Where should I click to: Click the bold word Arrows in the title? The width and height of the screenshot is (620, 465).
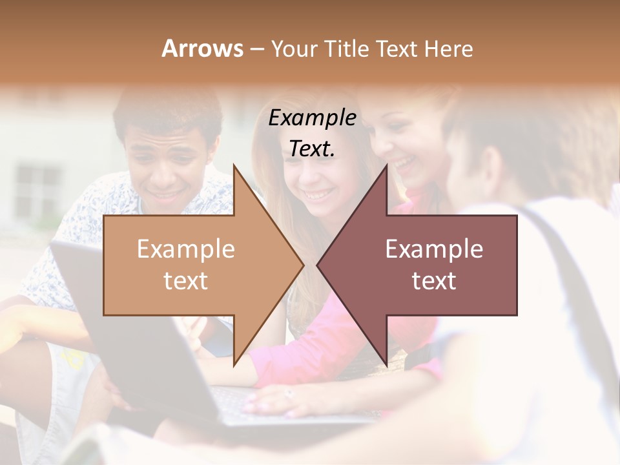pos(201,48)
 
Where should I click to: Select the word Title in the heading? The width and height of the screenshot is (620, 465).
pos(345,48)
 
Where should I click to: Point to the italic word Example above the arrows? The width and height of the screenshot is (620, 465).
pos(312,118)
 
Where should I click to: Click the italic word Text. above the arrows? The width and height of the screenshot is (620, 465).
pos(312,149)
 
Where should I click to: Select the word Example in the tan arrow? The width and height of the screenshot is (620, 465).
pos(185,249)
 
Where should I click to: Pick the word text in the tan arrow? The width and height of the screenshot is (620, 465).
pos(185,280)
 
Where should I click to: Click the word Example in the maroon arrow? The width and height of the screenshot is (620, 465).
pos(434,249)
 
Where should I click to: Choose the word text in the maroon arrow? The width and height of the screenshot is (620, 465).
pos(434,280)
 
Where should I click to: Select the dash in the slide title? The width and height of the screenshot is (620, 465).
pos(256,49)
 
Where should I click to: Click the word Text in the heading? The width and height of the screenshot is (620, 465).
pos(397,48)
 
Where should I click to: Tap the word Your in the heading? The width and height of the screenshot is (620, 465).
pos(293,48)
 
